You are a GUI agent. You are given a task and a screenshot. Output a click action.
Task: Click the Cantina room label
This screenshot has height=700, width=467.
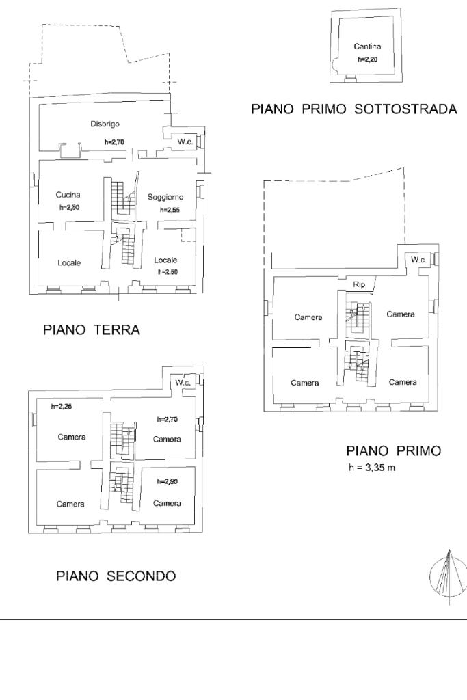[367, 46]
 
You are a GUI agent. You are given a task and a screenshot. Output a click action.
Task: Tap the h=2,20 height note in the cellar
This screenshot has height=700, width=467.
[367, 59]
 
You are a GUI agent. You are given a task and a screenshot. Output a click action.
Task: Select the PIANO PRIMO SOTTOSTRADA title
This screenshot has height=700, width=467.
[354, 109]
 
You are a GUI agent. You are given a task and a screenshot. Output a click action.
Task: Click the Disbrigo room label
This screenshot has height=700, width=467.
[105, 124]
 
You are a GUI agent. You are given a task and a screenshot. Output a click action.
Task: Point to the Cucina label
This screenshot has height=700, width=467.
[68, 195]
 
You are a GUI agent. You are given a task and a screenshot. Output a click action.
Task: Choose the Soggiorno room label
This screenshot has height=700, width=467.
[165, 197]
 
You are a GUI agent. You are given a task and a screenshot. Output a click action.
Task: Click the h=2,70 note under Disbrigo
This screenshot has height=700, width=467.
[114, 142]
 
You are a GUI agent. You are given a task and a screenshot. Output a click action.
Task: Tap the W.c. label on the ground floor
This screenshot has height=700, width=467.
[185, 142]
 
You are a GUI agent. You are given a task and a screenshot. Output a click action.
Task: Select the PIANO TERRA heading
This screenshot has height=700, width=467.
[92, 330]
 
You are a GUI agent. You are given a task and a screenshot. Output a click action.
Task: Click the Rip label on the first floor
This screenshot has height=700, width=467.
[360, 284]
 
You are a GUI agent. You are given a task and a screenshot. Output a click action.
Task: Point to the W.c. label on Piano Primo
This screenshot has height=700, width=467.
[418, 260]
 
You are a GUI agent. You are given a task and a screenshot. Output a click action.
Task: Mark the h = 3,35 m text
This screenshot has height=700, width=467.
[372, 468]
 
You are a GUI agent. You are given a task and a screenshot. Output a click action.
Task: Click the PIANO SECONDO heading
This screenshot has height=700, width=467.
[116, 576]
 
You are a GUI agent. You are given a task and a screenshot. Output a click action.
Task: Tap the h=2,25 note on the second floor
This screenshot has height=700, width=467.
[62, 407]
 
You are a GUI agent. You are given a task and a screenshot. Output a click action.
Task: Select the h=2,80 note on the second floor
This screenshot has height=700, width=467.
[168, 482]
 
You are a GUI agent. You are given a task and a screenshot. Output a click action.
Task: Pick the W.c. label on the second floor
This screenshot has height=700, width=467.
[183, 383]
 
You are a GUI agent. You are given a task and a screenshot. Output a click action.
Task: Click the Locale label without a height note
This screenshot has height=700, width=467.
[69, 263]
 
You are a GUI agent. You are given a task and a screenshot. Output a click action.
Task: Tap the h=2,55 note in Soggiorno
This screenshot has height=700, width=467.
[170, 210]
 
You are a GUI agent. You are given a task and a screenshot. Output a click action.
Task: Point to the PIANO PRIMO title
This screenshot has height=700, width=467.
[394, 451]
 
